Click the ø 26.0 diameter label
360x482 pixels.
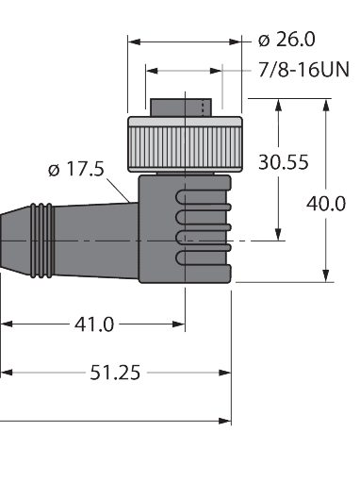point(286,40)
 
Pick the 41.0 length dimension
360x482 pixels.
point(94,324)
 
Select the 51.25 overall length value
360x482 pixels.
point(115,373)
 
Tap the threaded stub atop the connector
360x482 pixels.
point(185,106)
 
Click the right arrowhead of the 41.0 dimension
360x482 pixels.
point(179,324)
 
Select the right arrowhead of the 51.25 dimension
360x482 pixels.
point(225,373)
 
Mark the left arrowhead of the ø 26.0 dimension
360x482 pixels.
point(134,42)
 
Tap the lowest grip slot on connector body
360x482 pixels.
point(201,257)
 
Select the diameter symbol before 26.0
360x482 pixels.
point(263,40)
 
